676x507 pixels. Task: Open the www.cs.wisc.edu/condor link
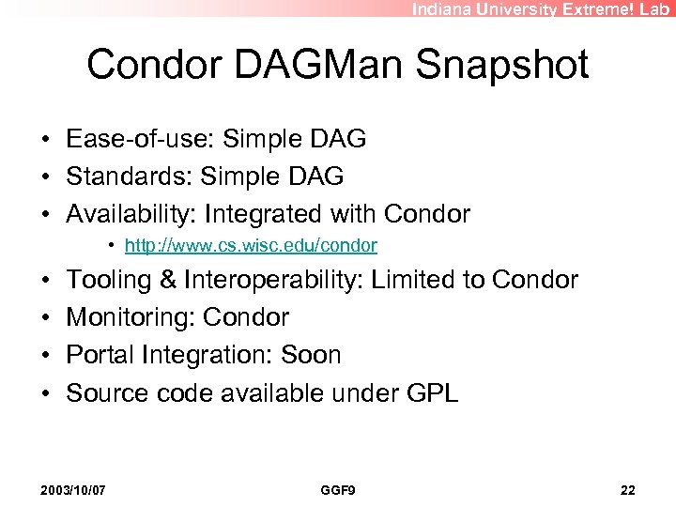point(251,246)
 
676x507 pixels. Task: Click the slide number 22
point(628,491)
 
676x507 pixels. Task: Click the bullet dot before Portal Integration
point(46,355)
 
